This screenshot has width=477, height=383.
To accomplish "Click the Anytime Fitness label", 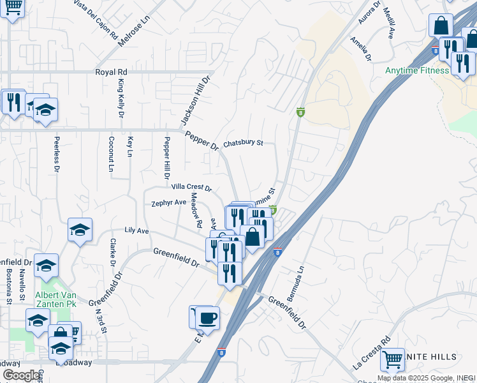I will (x=417, y=70).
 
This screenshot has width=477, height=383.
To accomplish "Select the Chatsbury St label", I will (x=243, y=143).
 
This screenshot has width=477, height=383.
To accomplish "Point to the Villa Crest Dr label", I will (x=191, y=187).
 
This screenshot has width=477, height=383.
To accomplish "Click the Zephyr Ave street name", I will (x=168, y=203).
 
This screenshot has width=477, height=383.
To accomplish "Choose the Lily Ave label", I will (x=136, y=230).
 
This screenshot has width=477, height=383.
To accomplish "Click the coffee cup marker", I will (x=208, y=317).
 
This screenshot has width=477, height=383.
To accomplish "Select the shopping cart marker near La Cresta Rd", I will (x=392, y=359).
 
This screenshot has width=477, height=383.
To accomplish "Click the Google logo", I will (x=22, y=375).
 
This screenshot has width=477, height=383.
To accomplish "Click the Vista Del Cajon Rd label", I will (x=96, y=17).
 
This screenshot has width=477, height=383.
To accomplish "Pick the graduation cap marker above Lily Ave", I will (x=80, y=230).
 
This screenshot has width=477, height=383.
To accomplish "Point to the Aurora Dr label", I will (x=369, y=13).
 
